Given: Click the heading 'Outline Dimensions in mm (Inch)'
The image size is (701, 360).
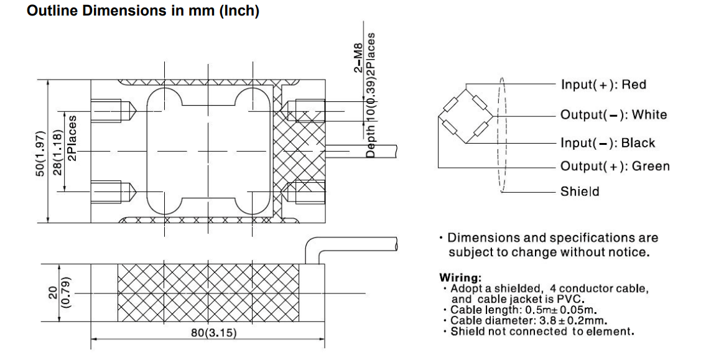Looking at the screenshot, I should (143, 12).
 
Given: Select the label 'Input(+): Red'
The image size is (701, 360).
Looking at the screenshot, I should (603, 85).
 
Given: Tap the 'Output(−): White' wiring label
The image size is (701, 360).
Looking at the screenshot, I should (613, 114).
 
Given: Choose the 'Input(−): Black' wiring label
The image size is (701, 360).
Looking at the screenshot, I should (607, 143).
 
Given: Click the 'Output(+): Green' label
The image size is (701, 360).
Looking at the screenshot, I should (615, 166).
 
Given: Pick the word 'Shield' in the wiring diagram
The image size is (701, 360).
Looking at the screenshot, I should (580, 192).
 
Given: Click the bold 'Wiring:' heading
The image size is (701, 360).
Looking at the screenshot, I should (460, 277).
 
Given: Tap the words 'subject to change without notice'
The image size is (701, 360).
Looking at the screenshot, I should (549, 252).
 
